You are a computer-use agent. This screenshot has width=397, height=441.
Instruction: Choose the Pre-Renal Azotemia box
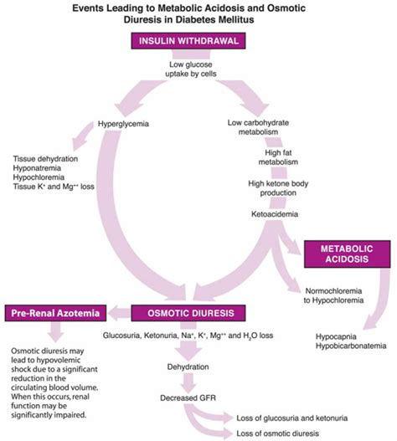click(55, 314)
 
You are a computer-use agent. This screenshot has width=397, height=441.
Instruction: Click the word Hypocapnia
click(334, 335)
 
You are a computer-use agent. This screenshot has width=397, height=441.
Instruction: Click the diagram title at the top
click(199, 14)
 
